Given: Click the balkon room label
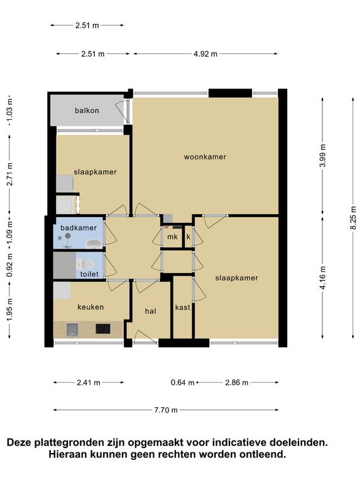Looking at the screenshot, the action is point(87,110).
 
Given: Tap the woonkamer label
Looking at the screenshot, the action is point(205,157).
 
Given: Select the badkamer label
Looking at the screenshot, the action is point(79,228).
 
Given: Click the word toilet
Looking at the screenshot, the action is point(89,274).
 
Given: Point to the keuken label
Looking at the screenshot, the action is point(90,307).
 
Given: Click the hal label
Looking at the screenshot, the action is point(151,311).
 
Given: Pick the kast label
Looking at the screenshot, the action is point(182,308).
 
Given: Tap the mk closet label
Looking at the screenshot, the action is point(172,237).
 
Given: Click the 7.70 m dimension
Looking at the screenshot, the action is point(166,410).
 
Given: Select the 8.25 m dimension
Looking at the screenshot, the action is point(353,218).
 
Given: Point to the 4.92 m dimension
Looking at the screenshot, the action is point(206,54).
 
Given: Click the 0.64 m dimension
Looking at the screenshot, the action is point(182,382).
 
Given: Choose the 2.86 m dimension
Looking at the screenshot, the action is point(237,382).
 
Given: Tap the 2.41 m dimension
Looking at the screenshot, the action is point(89,382).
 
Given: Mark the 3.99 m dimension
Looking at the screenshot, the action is point(322,156).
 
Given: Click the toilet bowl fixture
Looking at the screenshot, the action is point(87,264).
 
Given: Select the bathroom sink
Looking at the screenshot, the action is point(94,244).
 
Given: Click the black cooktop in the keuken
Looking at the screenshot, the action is point(103,329).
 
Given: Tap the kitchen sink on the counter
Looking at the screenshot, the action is point(72,329).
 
